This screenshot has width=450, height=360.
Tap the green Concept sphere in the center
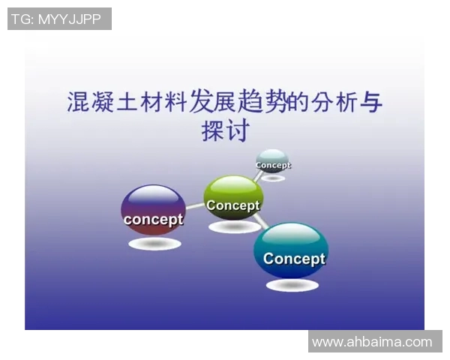tap(233, 198)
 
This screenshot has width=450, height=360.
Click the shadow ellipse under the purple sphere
tap(154, 244)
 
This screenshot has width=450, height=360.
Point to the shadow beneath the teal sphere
tap(292, 285)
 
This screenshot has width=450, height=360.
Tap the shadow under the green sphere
tap(234, 226)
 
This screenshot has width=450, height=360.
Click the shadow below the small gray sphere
tap(272, 178)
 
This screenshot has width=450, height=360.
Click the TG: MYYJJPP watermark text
tap(59, 19)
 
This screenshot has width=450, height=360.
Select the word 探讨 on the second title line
tap(224, 131)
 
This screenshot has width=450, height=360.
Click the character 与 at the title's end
tap(370, 102)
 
